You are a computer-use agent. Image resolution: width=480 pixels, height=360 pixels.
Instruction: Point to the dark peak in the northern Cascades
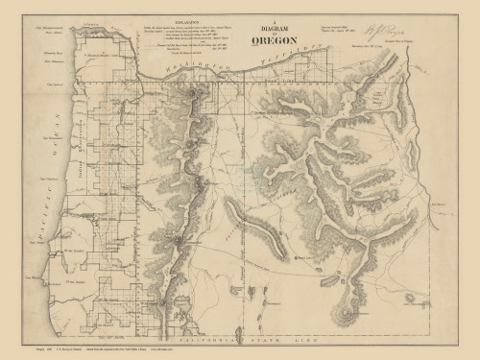(x=196, y=94)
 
